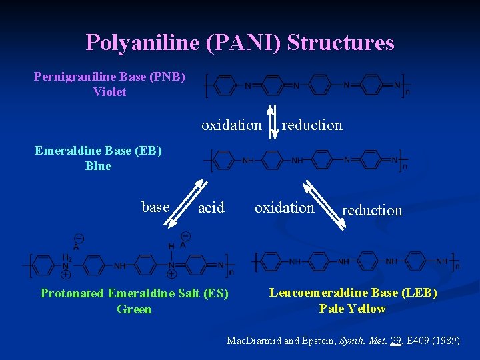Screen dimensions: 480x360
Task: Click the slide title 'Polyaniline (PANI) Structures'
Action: coord(240,43)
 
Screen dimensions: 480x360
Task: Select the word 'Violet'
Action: coord(109,92)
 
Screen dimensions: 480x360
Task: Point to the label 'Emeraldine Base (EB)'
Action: coord(98,150)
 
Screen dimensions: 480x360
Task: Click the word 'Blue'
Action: coord(98,166)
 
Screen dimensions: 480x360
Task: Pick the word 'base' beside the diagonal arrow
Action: coord(155,207)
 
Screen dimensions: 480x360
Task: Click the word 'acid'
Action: coord(211,208)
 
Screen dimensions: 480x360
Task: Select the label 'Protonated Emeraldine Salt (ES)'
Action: coord(134,293)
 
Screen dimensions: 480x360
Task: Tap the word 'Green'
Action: coord(134,309)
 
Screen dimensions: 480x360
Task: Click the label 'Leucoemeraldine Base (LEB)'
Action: coord(353,293)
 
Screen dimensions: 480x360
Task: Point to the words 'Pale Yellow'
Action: coord(353,309)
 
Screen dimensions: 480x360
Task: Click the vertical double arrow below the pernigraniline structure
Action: coord(271,122)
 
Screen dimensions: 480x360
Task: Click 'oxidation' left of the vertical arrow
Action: coord(231,125)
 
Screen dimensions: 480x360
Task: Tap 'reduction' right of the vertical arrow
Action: coord(312,125)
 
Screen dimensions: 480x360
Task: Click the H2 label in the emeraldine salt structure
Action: coord(67,258)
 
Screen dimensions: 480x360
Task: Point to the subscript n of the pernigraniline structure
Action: coord(408,93)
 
